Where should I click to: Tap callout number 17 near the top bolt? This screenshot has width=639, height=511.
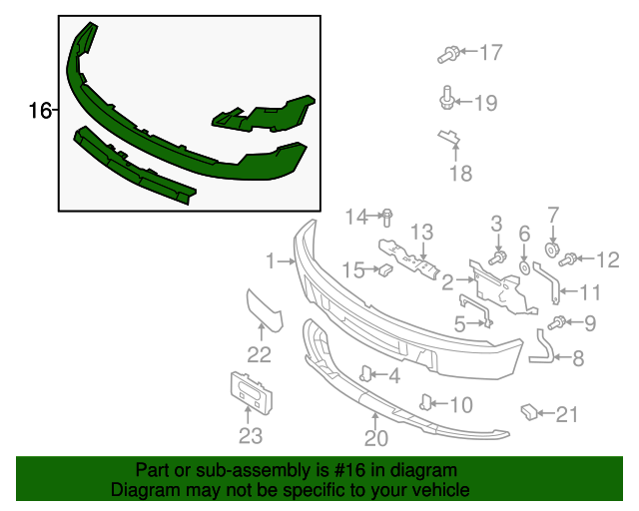(490, 52)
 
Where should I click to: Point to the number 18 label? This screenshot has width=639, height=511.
(460, 174)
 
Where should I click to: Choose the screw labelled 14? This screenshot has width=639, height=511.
(388, 216)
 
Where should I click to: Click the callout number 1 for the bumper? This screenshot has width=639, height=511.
(270, 261)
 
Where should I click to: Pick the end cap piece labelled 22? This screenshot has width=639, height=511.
(265, 309)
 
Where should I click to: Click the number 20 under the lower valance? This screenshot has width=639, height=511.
(375, 437)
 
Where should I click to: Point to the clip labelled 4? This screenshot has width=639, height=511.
(366, 374)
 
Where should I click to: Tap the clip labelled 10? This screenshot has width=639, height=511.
(424, 402)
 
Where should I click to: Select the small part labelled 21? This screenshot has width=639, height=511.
(527, 410)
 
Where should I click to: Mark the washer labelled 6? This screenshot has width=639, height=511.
(523, 267)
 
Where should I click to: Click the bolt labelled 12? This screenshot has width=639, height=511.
(569, 260)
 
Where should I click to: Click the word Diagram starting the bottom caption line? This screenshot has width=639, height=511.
(139, 491)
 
